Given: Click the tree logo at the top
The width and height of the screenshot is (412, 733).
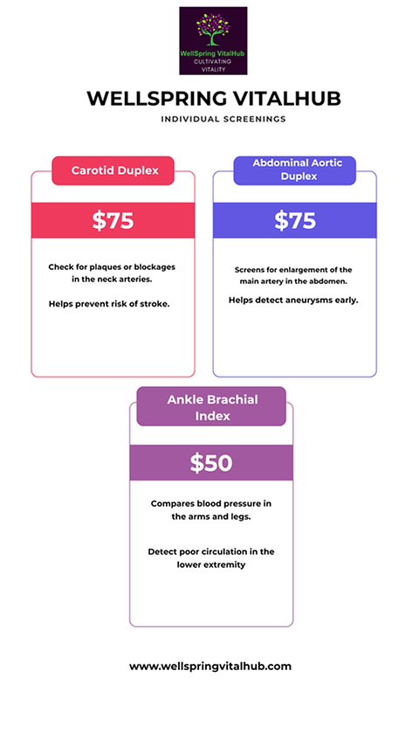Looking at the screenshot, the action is pyautogui.click(x=213, y=41).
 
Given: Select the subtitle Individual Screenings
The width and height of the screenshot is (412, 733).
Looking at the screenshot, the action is pyautogui.click(x=223, y=119).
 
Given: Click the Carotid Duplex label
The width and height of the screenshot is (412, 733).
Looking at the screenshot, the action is pyautogui.click(x=115, y=170).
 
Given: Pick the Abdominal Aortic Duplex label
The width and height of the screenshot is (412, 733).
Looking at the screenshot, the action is pyautogui.click(x=298, y=169).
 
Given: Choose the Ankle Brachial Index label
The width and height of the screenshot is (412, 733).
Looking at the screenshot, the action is pyautogui.click(x=212, y=408).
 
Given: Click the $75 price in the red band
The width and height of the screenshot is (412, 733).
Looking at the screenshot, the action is pyautogui.click(x=113, y=220).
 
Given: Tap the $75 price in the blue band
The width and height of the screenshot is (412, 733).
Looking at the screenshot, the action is pyautogui.click(x=295, y=220).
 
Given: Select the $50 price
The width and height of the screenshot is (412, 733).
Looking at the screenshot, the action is pyautogui.click(x=211, y=463).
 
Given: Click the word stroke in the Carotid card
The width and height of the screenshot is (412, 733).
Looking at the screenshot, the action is pyautogui.click(x=156, y=304).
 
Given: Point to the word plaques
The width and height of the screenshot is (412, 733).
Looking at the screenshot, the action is pyautogui.click(x=104, y=267).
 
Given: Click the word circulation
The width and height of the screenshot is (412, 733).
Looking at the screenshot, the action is pyautogui.click(x=223, y=551).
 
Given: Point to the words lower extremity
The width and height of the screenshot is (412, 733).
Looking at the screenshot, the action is pyautogui.click(x=211, y=564).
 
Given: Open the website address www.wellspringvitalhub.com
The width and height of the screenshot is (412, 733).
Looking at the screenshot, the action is pyautogui.click(x=210, y=666).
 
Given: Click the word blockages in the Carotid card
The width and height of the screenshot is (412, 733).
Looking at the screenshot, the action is pyautogui.click(x=154, y=267).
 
